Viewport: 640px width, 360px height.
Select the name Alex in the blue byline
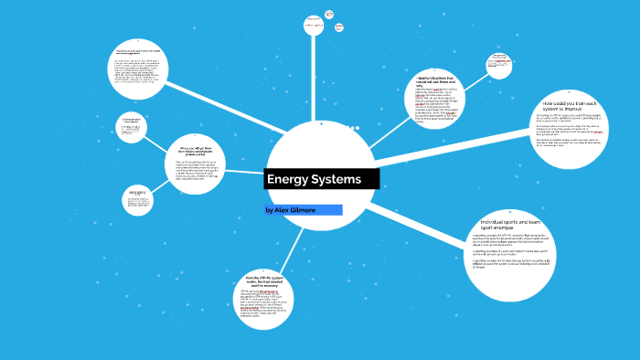(x=279, y=210)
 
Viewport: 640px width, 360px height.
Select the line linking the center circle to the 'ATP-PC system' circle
(x=293, y=242)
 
